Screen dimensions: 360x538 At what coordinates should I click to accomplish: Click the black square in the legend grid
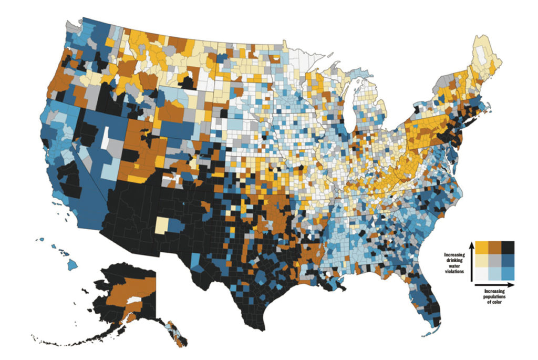pyautogui.click(x=508, y=247)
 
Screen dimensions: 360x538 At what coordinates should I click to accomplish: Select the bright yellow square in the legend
pyautogui.click(x=482, y=247)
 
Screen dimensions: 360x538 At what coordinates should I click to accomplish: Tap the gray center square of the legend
pyautogui.click(x=495, y=260)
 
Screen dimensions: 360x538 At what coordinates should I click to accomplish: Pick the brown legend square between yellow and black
pyautogui.click(x=495, y=247)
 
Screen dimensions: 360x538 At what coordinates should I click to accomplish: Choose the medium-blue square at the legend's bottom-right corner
pyautogui.click(x=508, y=273)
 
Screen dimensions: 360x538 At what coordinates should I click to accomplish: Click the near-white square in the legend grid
pyautogui.click(x=482, y=273)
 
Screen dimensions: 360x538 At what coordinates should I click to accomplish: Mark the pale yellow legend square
pyautogui.click(x=482, y=260)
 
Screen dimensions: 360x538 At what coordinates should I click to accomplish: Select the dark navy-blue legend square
pyautogui.click(x=508, y=260)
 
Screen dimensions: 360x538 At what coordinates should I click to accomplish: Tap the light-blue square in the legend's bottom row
pyautogui.click(x=495, y=273)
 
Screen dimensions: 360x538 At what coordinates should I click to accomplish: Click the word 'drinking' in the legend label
pyautogui.click(x=454, y=260)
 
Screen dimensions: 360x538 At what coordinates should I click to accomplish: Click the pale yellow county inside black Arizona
pyautogui.click(x=162, y=226)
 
